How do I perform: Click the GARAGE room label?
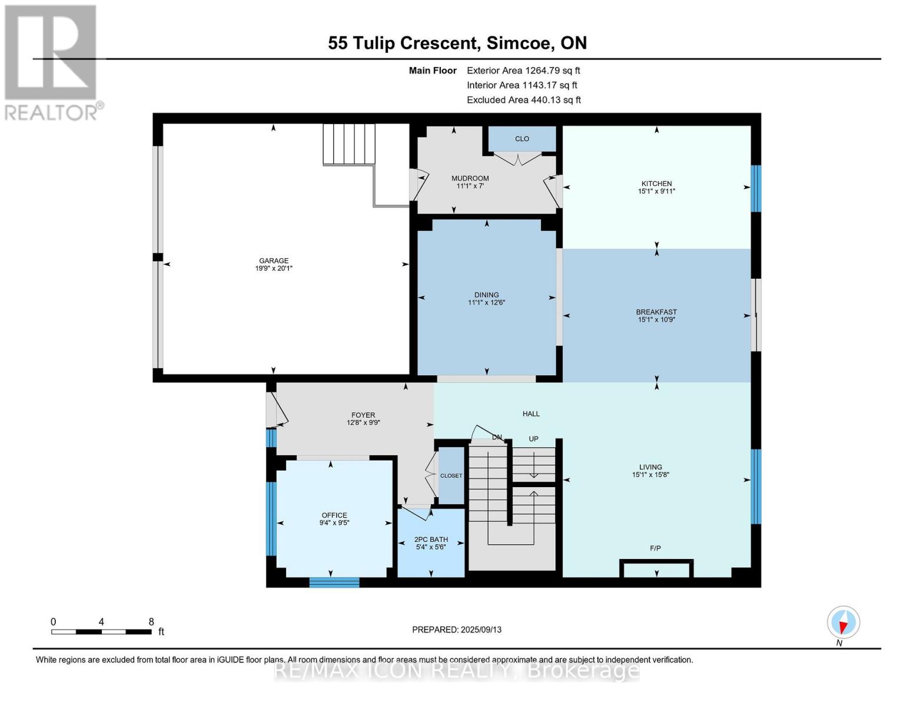274,261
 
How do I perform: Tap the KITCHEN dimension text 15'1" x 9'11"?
656,191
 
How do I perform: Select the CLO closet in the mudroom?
522,139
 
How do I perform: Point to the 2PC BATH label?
431,539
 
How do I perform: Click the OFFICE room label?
334,515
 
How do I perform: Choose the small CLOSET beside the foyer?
451,475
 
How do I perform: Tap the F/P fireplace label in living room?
655,548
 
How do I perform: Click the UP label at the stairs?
533,439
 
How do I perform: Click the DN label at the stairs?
497,437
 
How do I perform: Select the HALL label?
531,414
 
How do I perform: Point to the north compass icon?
843,622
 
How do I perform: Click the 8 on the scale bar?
151,622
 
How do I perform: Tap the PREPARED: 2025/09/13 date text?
457,630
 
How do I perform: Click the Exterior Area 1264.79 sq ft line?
523,70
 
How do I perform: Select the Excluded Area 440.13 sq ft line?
523,100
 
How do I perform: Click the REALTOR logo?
52,62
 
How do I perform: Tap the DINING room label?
486,295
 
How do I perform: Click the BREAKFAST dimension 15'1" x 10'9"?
656,319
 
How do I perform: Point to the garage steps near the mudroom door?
349,144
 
